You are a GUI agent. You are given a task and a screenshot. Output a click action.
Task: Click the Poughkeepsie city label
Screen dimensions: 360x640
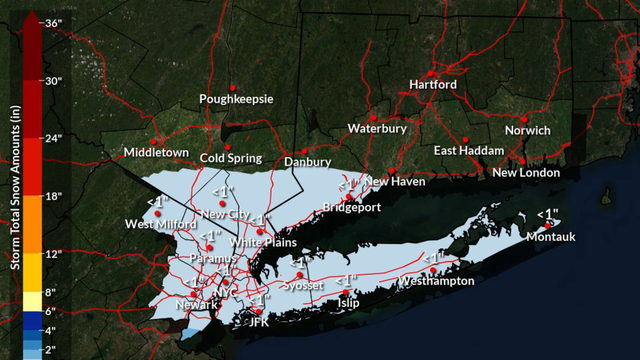coord(236,100)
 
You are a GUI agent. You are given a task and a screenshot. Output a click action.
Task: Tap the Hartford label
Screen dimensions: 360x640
coord(433,85)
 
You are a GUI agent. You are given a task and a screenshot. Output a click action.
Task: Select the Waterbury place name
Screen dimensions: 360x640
coord(377,129)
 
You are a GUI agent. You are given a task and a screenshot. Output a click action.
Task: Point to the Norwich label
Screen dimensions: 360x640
coord(527,131)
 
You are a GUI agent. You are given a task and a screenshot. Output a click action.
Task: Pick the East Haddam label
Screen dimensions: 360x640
coord(467,151)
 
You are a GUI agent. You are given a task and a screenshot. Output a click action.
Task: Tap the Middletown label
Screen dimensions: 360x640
coord(156,152)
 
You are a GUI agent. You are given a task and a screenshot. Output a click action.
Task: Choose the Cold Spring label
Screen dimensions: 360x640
coord(230,158)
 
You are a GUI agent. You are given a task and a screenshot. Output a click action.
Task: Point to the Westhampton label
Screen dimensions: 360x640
coord(436,282)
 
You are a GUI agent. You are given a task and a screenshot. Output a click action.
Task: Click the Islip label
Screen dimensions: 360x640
coord(348,302)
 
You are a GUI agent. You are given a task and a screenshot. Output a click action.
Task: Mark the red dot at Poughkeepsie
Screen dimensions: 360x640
coord(232,86)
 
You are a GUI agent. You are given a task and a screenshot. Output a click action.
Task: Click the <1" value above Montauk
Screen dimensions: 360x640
coord(547,213)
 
